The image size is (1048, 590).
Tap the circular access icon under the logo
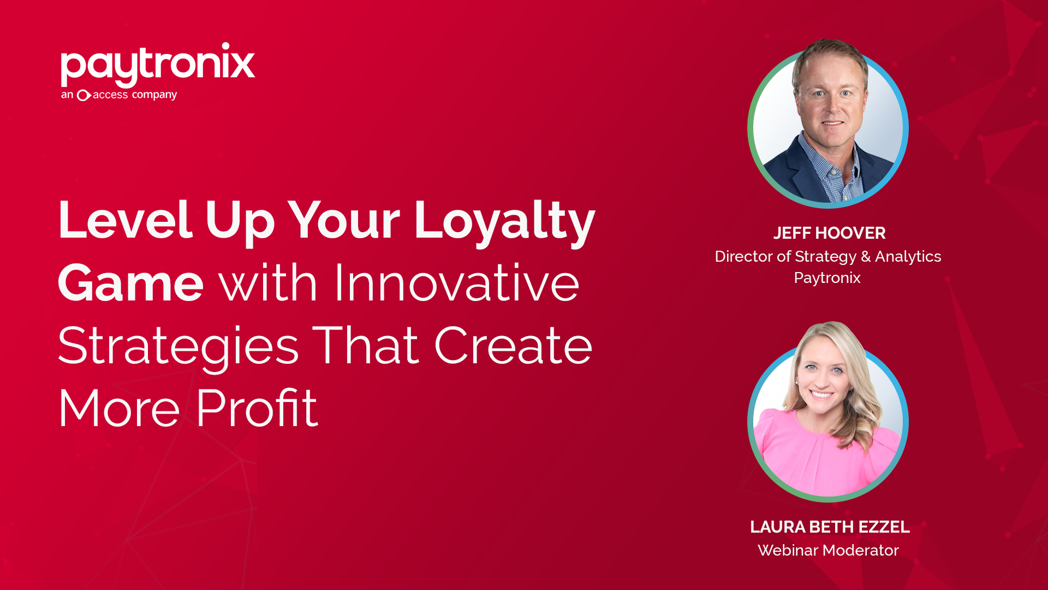(83, 96)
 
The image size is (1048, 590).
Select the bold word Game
(130, 284)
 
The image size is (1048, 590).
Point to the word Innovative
(456, 283)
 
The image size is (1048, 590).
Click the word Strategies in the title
(178, 346)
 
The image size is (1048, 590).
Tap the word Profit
(257, 409)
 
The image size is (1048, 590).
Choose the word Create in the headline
(513, 346)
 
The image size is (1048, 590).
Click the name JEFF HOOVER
(829, 233)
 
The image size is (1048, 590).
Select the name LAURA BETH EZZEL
(829, 527)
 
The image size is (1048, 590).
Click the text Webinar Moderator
(828, 550)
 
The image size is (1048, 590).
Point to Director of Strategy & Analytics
(827, 256)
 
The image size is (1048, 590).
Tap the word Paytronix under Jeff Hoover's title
(827, 278)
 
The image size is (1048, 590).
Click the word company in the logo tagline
(154, 96)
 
